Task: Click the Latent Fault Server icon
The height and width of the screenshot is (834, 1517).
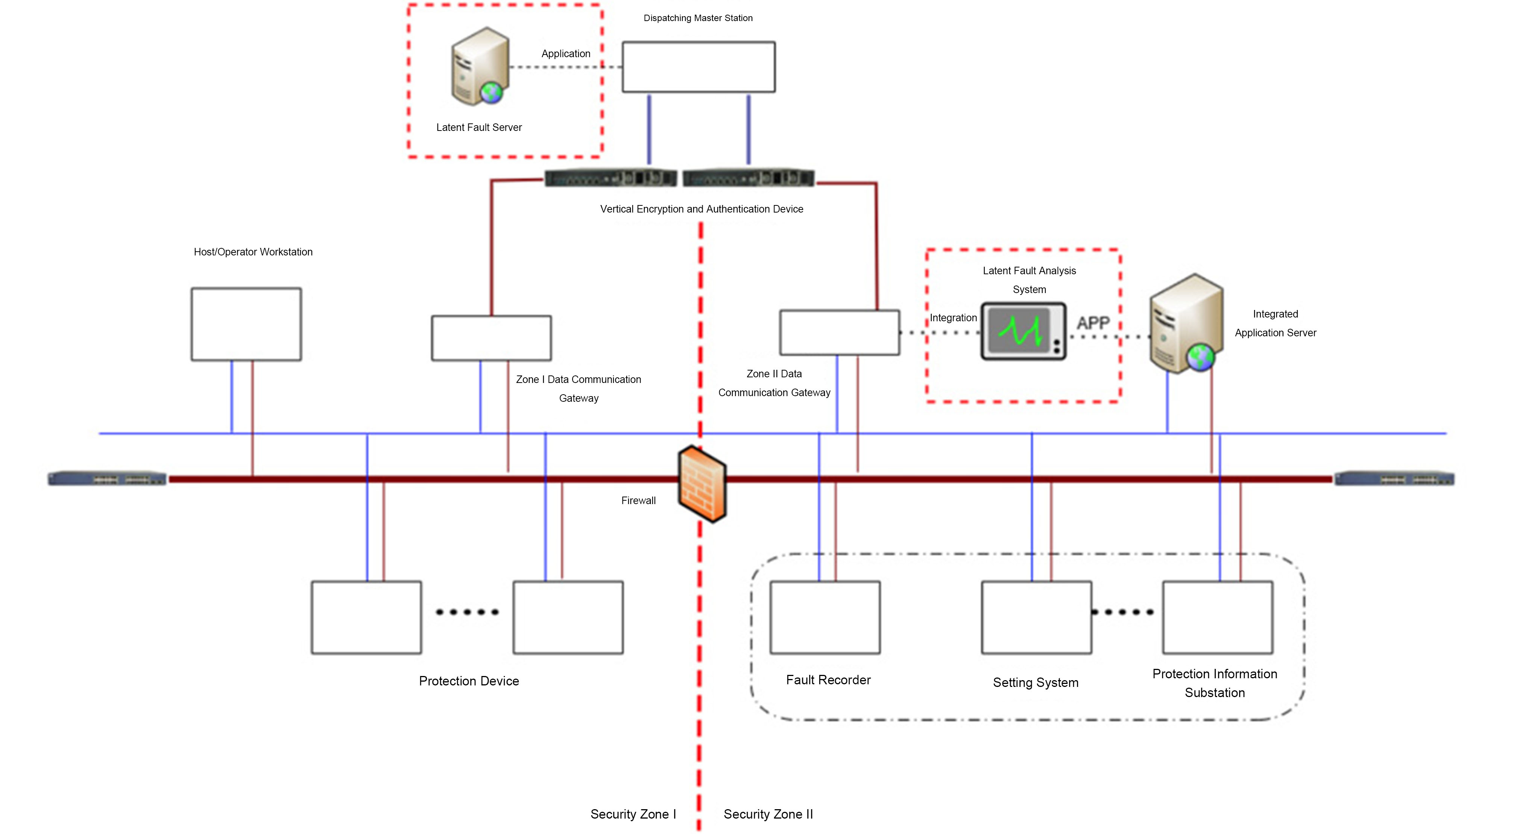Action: click(x=479, y=66)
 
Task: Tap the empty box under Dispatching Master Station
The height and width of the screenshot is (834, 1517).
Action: click(x=699, y=67)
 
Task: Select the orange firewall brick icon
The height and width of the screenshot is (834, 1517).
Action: click(x=702, y=483)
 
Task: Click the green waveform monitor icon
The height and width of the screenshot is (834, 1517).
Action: click(x=1023, y=331)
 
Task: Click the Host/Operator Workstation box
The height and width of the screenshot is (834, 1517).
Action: click(x=246, y=324)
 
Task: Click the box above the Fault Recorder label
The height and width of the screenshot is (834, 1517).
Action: click(x=825, y=617)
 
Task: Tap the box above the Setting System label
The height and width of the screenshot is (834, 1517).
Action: click(x=1036, y=617)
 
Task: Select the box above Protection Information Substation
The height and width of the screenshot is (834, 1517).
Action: click(x=1217, y=617)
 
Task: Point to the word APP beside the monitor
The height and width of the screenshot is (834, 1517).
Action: click(x=1093, y=323)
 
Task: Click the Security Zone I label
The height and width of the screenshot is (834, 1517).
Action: click(x=633, y=814)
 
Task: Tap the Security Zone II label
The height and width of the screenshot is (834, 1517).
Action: click(x=768, y=814)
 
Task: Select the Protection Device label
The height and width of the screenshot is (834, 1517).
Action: click(x=469, y=681)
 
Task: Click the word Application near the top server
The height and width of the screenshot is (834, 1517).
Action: click(x=565, y=53)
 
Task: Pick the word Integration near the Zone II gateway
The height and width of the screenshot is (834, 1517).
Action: click(x=953, y=318)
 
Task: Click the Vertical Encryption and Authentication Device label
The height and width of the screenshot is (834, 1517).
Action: click(x=702, y=209)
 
